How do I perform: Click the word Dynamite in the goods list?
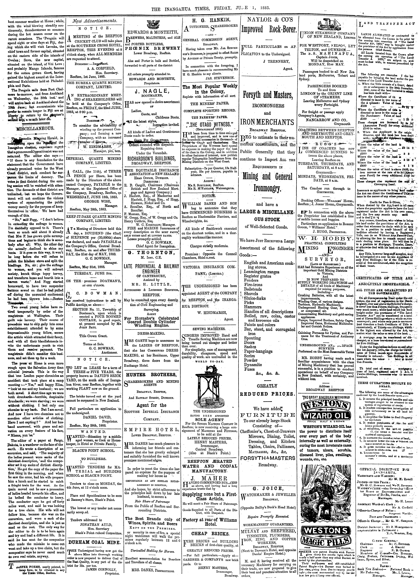253,365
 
